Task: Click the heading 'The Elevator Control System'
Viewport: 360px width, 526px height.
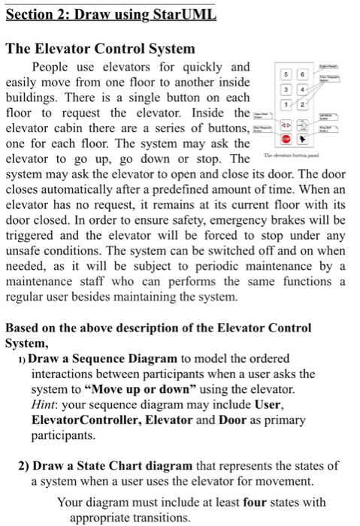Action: [x=101, y=50]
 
